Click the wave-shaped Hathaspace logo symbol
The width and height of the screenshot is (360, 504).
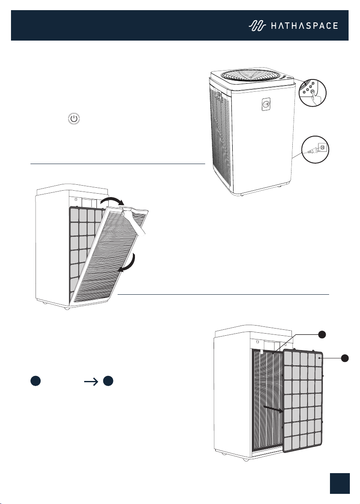coord(257,26)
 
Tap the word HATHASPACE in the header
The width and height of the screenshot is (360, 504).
coord(304,26)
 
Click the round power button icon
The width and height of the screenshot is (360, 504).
coord(74,119)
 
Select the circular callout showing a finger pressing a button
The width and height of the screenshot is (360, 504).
coord(312,93)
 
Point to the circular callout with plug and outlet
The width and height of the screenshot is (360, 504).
coord(315,149)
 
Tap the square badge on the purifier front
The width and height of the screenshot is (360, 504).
coord(266,104)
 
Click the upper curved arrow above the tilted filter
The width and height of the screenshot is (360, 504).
coord(112,201)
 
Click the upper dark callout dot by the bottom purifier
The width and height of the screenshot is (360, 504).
coord(322,334)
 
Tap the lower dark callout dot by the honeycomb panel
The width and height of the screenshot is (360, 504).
coord(345,358)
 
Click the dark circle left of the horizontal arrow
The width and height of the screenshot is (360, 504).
coord(36,381)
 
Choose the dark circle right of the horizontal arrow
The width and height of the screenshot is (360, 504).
coord(108,381)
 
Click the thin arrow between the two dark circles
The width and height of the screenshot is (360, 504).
coord(91,381)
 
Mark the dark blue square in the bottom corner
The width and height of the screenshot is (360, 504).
coord(340,483)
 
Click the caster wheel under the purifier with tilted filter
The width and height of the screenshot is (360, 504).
coord(66,308)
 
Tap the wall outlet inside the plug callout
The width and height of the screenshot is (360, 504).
coord(323,148)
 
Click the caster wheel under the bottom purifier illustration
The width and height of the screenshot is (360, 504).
coord(246,460)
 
